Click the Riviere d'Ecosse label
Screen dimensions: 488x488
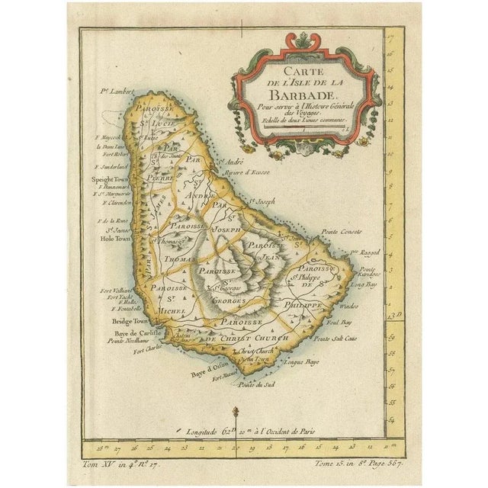click(x=242, y=173)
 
